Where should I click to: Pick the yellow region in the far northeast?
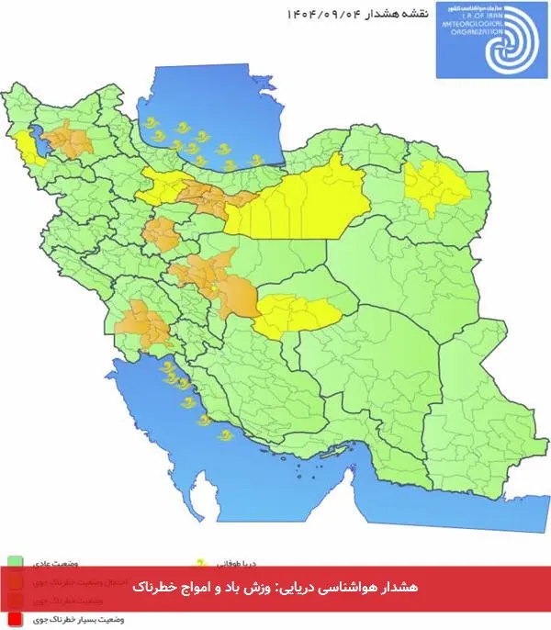pos(437,184)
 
